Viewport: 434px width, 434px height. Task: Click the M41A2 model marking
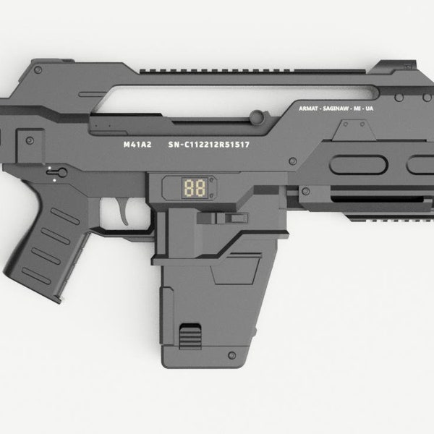tap(137, 144)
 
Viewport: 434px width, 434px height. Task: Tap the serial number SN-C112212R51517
tap(209, 144)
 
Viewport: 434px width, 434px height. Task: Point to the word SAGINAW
tap(337, 109)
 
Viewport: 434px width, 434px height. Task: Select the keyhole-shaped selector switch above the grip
tap(58, 171)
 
